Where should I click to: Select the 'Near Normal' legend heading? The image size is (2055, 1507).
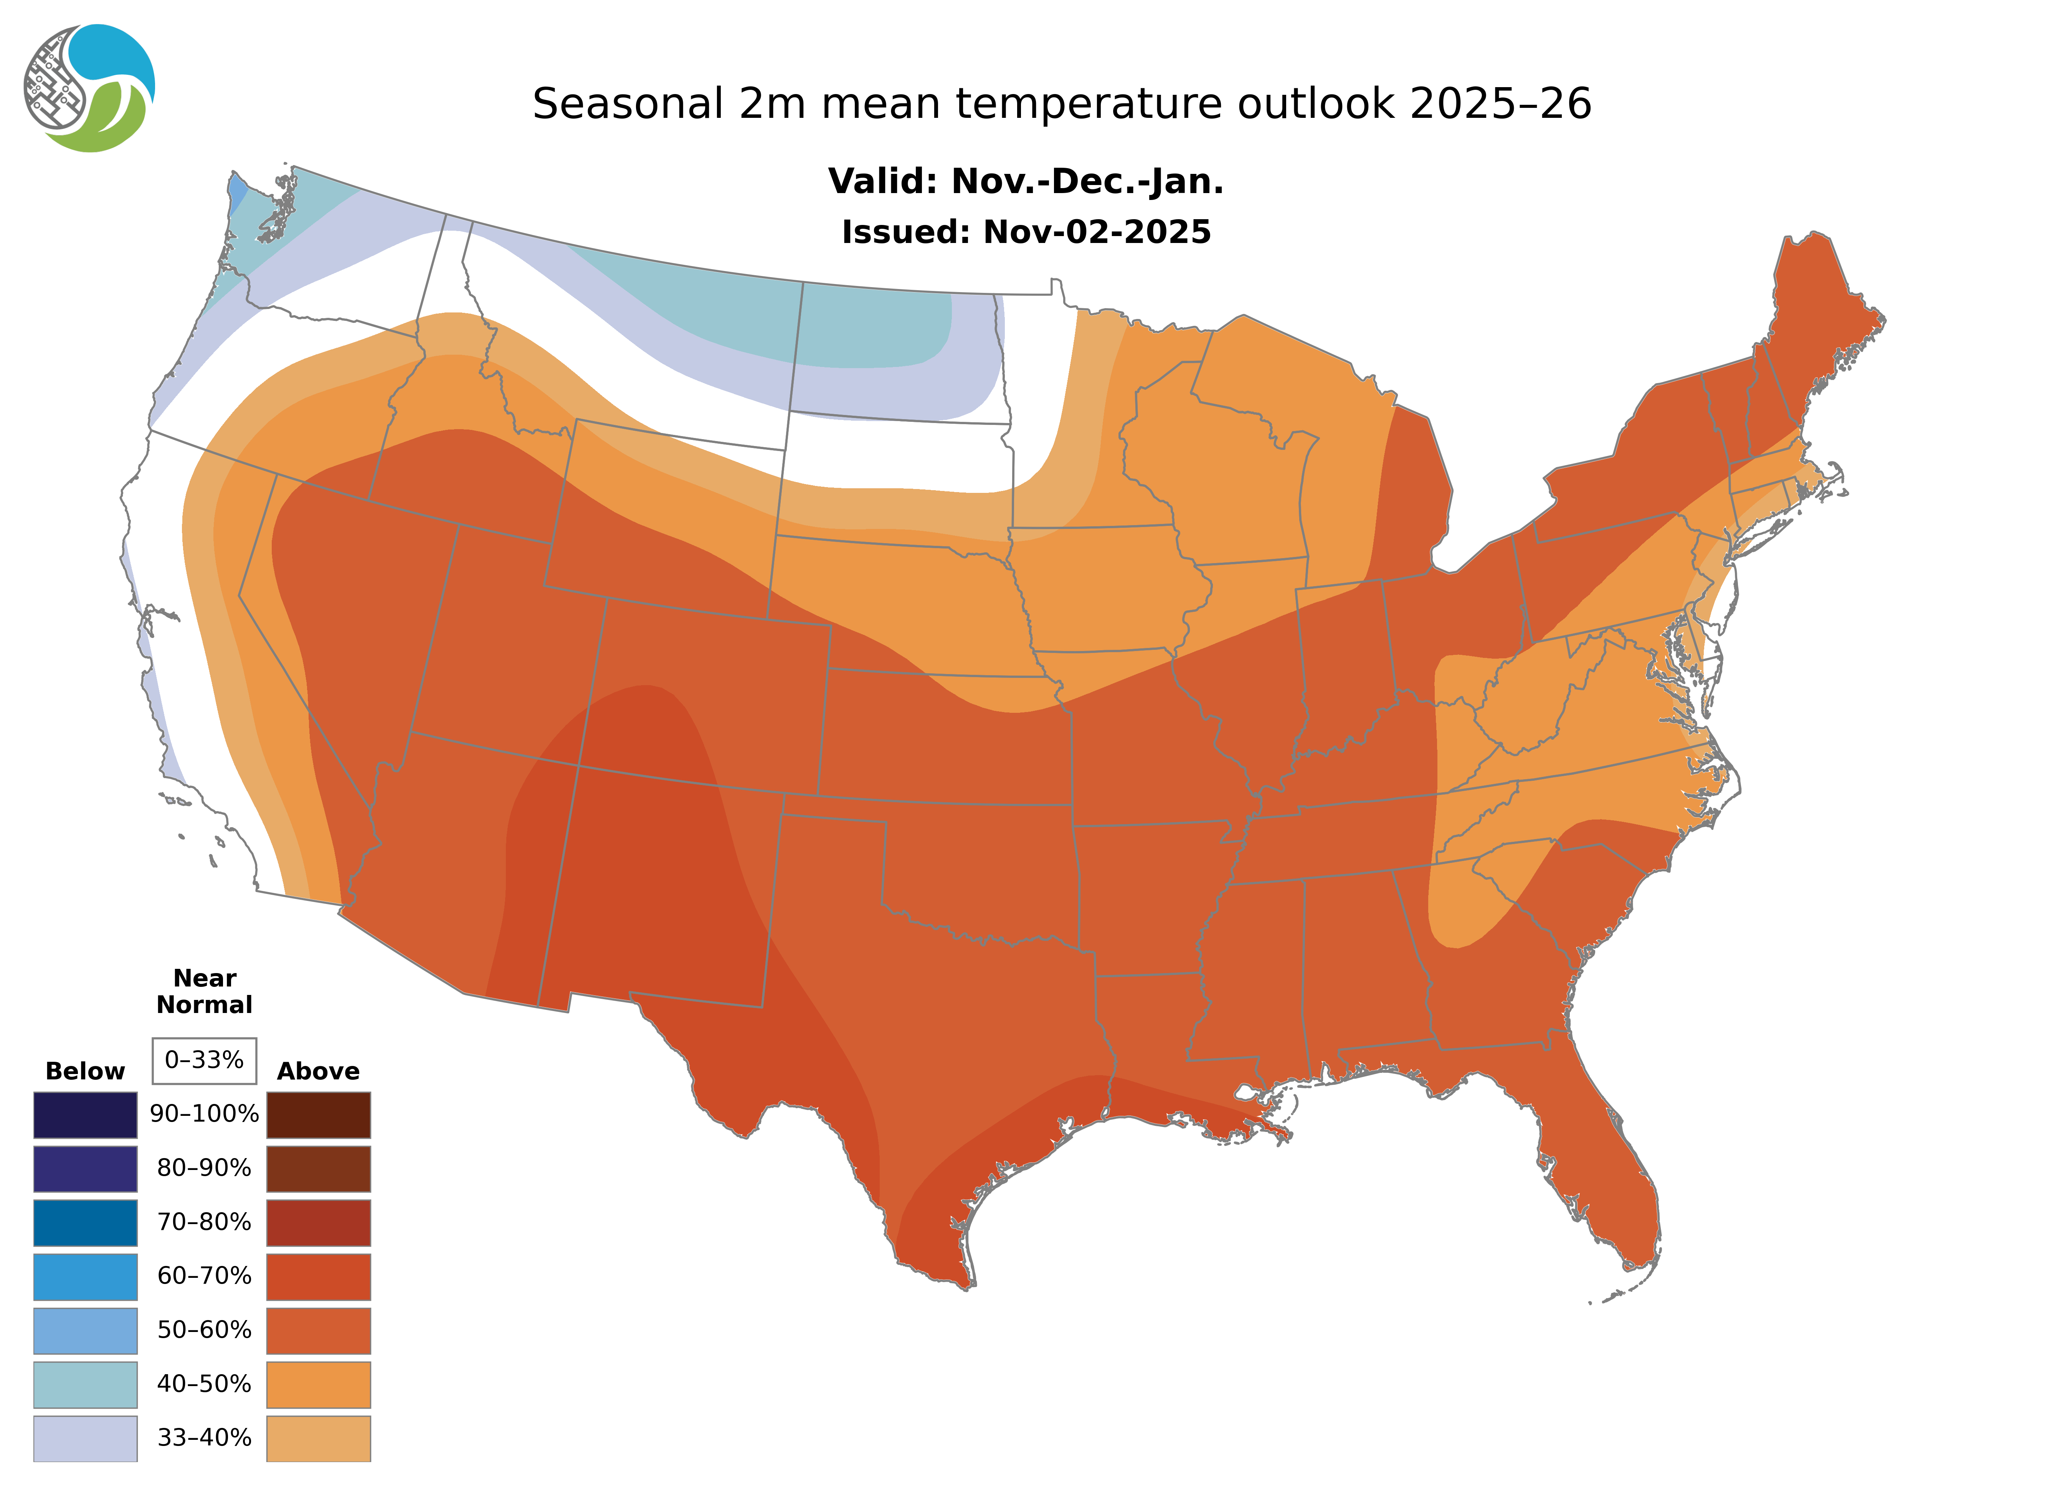(204, 991)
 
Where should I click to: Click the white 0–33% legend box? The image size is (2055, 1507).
(204, 1060)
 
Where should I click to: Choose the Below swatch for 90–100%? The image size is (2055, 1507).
(85, 1115)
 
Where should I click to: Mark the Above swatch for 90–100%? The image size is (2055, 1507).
(318, 1115)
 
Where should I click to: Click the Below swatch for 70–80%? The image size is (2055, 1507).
(85, 1223)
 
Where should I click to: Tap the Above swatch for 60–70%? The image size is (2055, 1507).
(318, 1276)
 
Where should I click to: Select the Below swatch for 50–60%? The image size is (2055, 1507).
(85, 1330)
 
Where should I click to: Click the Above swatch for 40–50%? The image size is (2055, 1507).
(318, 1384)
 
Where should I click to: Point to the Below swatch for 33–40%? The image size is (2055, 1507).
(85, 1438)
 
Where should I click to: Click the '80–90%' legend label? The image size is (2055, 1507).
(204, 1168)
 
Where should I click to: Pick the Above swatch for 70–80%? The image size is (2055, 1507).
(318, 1223)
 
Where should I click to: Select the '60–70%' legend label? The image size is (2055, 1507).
(204, 1276)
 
